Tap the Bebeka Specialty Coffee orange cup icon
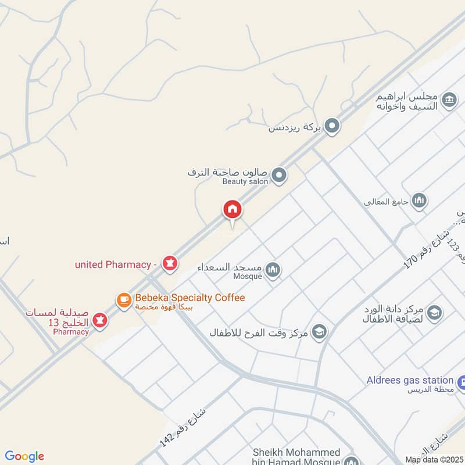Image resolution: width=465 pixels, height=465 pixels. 124,300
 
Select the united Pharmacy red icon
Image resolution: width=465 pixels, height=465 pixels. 170,264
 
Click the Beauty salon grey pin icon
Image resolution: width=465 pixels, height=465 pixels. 280,174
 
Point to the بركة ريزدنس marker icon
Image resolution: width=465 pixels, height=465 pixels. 332,126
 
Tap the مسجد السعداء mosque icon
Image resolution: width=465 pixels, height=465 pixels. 273,270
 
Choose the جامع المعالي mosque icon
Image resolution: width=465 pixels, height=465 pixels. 419,201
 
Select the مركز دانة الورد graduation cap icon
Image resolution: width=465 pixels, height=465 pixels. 434,313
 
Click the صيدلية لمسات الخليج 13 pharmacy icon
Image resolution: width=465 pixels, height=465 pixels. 100,320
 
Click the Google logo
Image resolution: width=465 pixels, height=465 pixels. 24,456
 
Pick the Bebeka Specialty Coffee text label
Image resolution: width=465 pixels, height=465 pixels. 190,298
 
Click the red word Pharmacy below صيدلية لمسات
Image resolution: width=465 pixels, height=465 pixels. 71,332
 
